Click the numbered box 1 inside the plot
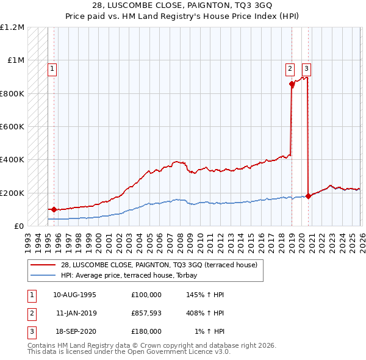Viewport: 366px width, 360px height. [x=52, y=69]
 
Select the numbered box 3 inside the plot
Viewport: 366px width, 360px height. [x=306, y=69]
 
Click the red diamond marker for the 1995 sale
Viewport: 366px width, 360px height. [x=54, y=209]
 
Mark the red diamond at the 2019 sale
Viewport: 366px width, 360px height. [x=292, y=84]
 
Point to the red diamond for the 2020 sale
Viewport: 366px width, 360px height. [x=308, y=196]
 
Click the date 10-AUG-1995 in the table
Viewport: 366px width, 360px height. [x=74, y=295]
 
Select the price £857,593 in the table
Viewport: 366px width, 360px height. [x=146, y=313]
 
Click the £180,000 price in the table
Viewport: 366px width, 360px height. [x=146, y=331]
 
